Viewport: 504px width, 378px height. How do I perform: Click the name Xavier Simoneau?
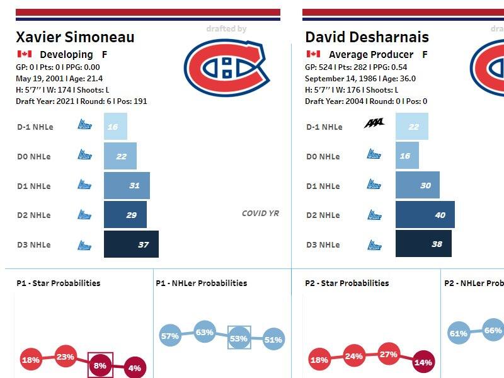75,37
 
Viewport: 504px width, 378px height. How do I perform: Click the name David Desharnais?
367,37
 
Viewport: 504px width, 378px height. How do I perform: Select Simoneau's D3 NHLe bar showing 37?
131,244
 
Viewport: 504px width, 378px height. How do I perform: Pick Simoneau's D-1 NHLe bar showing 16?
115,127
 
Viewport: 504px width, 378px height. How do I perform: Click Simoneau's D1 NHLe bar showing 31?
127,186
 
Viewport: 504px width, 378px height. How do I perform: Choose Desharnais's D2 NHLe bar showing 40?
425,215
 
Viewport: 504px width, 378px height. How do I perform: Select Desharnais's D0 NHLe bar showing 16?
407,156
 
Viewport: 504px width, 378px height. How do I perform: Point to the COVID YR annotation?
260,214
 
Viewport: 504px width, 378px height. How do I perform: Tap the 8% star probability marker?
100,364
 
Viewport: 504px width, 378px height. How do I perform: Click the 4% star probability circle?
134,367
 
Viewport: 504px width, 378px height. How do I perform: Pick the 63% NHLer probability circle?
205,331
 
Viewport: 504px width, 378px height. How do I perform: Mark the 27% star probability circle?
389,355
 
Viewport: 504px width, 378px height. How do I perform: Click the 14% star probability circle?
423,362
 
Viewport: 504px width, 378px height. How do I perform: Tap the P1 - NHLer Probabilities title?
201,283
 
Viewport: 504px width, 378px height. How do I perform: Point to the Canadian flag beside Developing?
25,55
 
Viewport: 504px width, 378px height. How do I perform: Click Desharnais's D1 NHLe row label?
323,186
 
